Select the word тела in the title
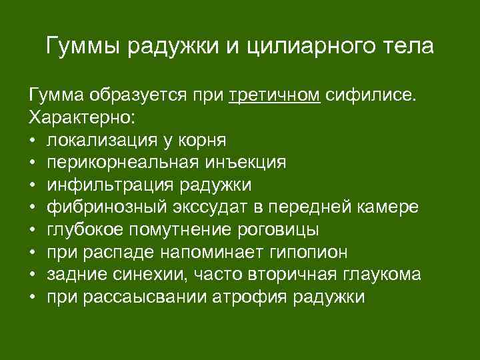coord(407,47)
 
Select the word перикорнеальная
coord(114,163)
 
